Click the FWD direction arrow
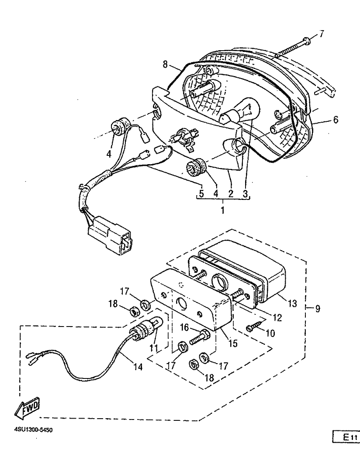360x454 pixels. (27, 408)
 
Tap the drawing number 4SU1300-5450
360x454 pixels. (33, 430)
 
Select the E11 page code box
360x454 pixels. (346, 437)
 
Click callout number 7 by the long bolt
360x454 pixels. (321, 34)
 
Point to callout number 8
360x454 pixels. (165, 64)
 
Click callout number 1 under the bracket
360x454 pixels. (223, 210)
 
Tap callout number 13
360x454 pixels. (292, 303)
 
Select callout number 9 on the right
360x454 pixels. (318, 309)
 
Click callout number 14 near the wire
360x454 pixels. (138, 367)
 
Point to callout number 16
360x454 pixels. (184, 327)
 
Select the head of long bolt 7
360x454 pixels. (307, 41)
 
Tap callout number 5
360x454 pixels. (201, 193)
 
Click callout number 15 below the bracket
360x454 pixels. (232, 344)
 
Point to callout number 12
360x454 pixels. (277, 318)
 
